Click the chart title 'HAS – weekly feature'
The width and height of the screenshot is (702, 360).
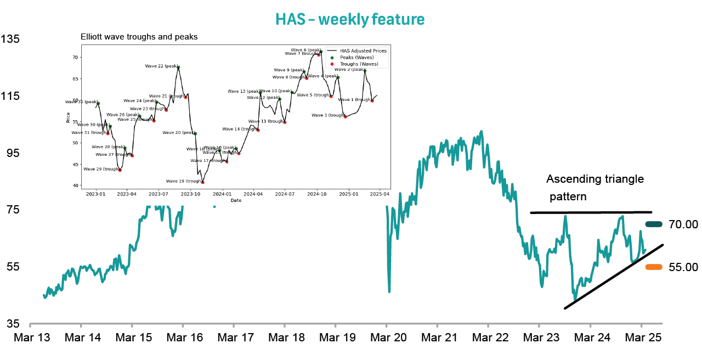pos(350,19)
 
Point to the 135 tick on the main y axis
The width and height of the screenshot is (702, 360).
pos(10,40)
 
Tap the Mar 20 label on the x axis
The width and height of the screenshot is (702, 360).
pos(387,337)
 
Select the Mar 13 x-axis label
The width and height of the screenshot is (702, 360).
pos(31,337)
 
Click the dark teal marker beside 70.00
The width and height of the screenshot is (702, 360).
pos(654,224)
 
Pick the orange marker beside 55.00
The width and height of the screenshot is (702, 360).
pos(654,267)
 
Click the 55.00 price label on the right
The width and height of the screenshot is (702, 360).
pos(683,267)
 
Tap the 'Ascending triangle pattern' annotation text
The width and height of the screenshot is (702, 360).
pos(595,187)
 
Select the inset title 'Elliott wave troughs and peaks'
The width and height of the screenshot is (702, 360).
pos(139,37)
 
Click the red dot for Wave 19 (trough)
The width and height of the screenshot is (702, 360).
pos(203,182)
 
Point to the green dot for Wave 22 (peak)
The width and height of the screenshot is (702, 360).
pos(178,67)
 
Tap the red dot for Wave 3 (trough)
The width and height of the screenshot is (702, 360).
pos(346,116)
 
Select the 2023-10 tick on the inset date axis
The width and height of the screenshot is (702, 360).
pos(191,194)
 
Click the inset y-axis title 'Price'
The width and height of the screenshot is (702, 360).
pos(68,117)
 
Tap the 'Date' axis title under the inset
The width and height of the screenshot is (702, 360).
pos(236,200)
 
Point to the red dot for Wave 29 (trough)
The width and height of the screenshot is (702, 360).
pos(120,170)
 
